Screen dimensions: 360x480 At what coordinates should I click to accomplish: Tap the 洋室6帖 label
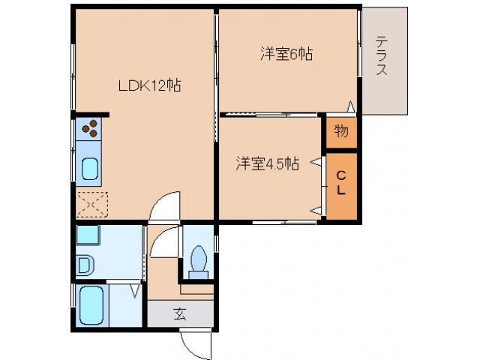coord(286,54)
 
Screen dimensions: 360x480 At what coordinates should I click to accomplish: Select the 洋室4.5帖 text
coord(268,163)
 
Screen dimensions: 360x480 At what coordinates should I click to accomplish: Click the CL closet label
coord(340,184)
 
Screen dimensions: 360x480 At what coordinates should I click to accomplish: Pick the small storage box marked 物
coord(340,132)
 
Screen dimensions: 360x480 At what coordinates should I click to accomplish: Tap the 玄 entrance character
coord(180,314)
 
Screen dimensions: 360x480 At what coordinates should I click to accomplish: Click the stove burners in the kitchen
coord(90,129)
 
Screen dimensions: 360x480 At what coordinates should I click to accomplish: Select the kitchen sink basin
coord(90,170)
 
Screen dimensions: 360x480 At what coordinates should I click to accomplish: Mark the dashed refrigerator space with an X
coord(91,203)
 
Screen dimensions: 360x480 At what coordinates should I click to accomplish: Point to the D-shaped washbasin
coord(83,265)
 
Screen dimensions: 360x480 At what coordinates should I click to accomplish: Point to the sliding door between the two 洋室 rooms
coord(266,114)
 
